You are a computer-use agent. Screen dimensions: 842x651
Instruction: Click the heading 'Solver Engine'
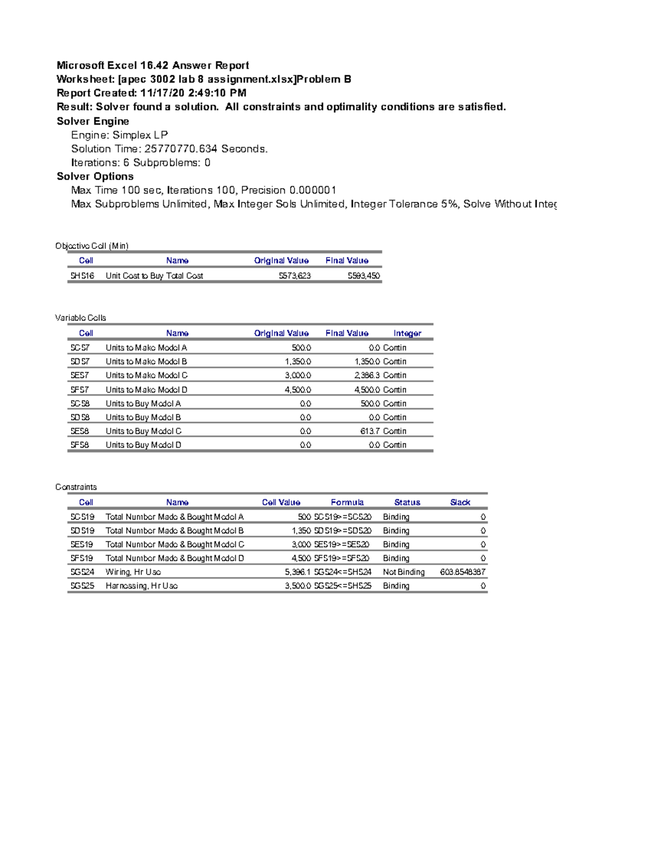coord(93,121)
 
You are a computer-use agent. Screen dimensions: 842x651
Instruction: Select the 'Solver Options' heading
coord(95,176)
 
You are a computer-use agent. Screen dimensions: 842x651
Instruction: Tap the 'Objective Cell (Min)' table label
coord(92,246)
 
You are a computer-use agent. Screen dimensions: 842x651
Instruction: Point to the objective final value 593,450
coord(363,276)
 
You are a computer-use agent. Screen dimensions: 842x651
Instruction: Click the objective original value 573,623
coord(295,276)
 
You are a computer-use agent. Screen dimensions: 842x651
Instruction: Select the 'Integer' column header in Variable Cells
coord(407,333)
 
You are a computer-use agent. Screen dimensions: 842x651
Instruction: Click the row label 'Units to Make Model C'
coord(146,375)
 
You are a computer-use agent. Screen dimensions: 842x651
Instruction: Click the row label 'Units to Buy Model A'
coord(143,403)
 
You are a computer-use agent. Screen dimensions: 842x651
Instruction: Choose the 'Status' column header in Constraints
coord(407,503)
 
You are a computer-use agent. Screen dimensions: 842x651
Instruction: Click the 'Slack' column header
coord(460,503)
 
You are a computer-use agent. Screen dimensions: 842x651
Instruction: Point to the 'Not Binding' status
coord(404,572)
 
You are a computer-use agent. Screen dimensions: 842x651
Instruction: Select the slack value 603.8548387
coord(462,572)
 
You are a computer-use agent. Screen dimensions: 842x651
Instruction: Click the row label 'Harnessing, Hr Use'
coord(142,586)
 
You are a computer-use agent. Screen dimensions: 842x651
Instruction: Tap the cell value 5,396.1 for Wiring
coord(297,572)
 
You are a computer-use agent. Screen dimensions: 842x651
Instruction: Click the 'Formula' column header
coord(347,503)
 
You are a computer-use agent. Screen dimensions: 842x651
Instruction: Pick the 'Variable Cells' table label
coord(80,318)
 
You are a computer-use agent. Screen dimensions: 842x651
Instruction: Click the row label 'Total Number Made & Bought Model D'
coord(175,558)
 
